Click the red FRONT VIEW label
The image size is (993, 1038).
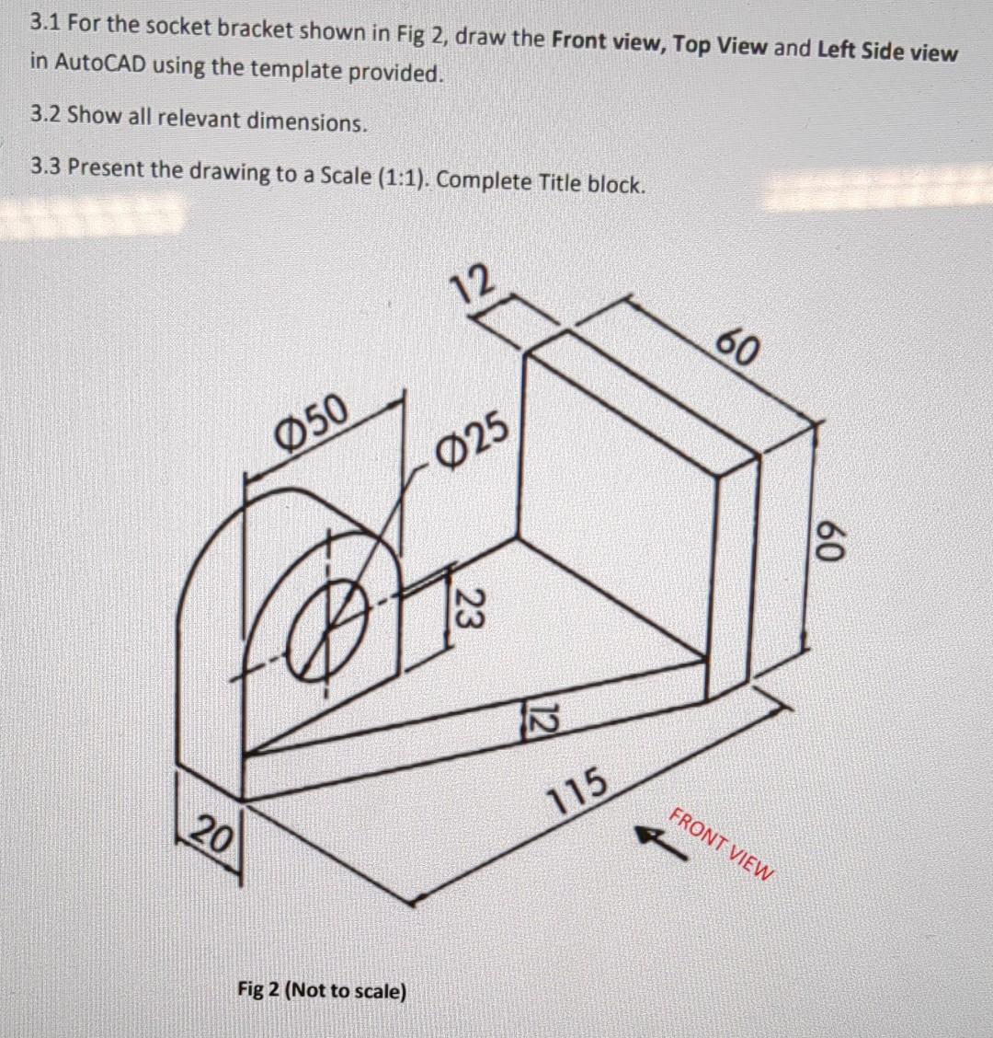(x=723, y=844)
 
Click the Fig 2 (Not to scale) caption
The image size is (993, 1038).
(x=321, y=990)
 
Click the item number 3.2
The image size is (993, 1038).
(x=45, y=115)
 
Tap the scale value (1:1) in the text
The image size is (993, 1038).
(x=401, y=177)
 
